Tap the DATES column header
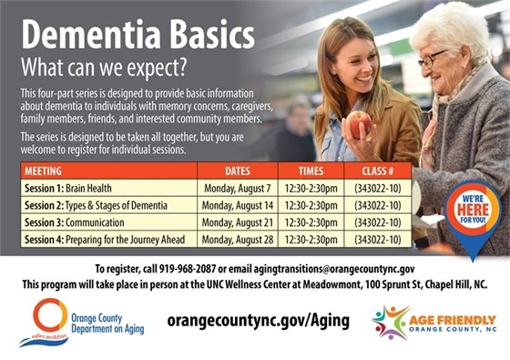[238, 170]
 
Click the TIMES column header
[317, 170]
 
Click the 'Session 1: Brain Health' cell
[68, 188]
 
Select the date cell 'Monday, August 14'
[238, 204]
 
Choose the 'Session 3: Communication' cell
[76, 221]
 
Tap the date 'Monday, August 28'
[238, 239]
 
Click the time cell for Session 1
[317, 188]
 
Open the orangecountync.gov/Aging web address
[258, 321]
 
